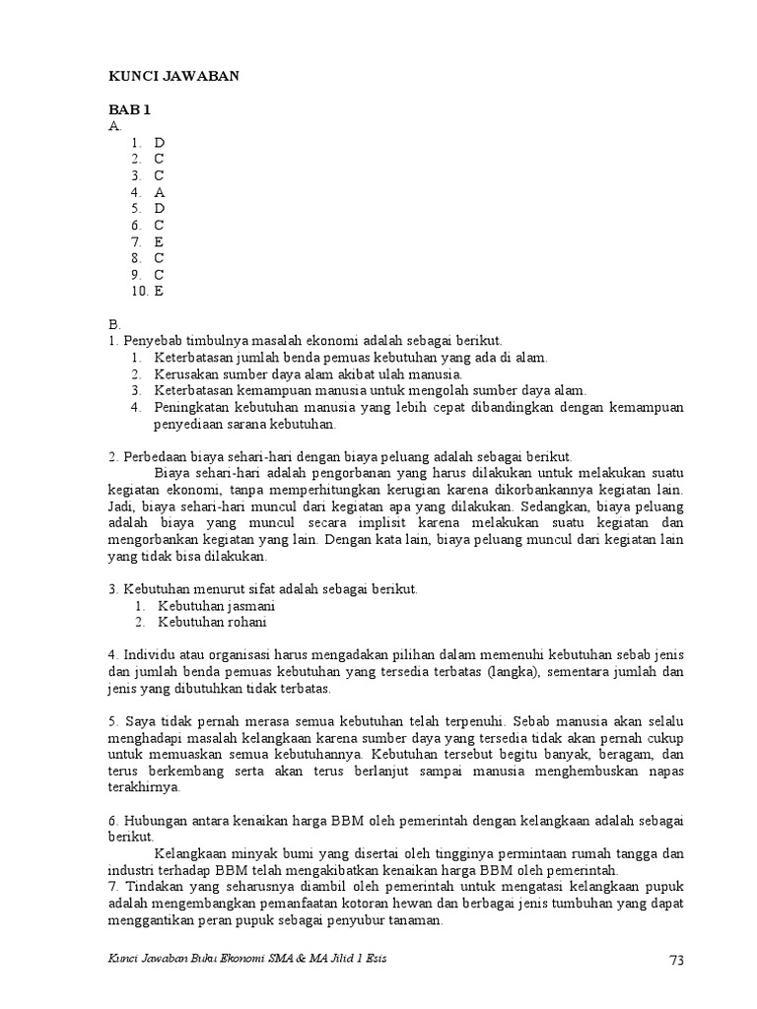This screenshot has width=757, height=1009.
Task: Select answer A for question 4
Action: click(159, 192)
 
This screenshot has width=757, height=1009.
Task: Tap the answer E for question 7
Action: click(159, 241)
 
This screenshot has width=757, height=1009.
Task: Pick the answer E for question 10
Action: click(159, 291)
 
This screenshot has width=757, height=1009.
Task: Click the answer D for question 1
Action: click(159, 143)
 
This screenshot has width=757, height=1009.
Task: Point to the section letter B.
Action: click(113, 323)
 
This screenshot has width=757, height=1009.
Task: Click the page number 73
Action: click(675, 961)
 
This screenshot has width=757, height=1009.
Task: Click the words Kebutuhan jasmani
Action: click(217, 605)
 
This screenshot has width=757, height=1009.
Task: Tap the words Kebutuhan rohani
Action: click(212, 622)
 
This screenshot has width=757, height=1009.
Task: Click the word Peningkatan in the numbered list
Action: click(191, 407)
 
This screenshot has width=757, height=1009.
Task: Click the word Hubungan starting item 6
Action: click(153, 820)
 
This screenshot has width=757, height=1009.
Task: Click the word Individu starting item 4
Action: click(147, 654)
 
